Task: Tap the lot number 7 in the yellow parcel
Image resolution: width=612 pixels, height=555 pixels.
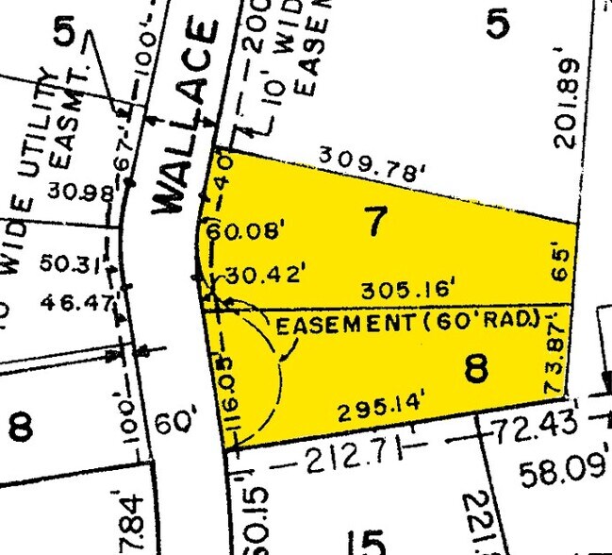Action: [x=376, y=223]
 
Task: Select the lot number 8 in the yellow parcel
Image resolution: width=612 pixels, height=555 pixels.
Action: [x=477, y=367]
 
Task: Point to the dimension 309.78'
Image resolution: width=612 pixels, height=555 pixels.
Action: [x=372, y=164]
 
